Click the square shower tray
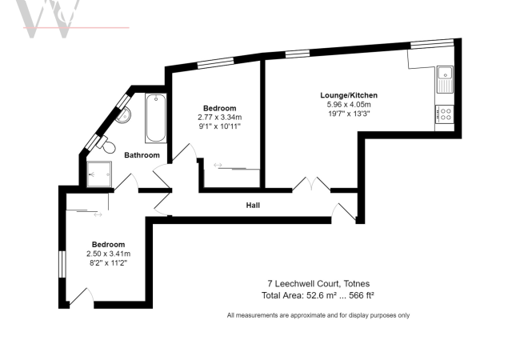(102, 172)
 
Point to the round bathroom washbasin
(122, 116)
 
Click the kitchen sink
(444, 80)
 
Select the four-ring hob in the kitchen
(444, 114)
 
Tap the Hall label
(253, 206)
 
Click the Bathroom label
(141, 155)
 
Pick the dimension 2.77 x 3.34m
(219, 117)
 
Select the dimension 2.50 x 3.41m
(108, 254)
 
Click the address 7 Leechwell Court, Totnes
(318, 283)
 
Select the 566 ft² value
(361, 294)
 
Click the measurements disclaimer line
(318, 315)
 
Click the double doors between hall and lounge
(310, 186)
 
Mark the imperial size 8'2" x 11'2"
(108, 262)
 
